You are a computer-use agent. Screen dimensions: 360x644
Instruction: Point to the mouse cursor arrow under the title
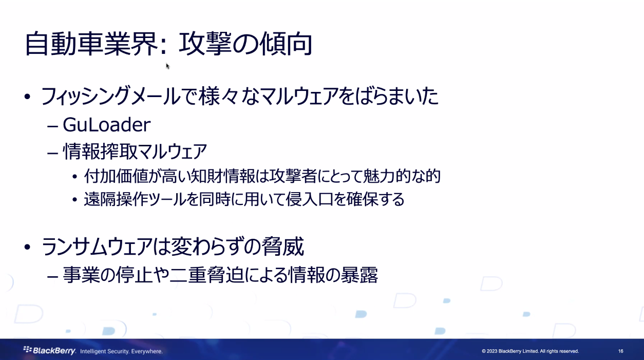tap(167, 66)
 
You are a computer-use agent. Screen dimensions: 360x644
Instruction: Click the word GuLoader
tap(107, 125)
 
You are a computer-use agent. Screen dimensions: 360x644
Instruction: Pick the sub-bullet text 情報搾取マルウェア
tap(135, 151)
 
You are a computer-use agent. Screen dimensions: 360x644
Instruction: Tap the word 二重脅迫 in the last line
tap(200, 276)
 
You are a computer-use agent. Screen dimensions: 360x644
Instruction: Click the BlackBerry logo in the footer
tap(50, 351)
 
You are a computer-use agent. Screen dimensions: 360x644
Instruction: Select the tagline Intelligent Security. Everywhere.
tap(121, 351)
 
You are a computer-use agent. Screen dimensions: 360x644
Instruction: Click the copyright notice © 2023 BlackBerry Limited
tap(530, 351)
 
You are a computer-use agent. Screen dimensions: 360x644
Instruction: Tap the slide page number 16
tap(620, 351)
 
